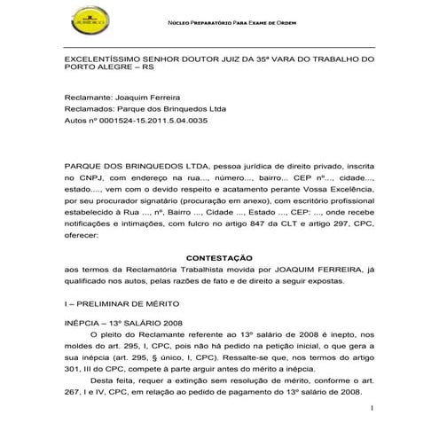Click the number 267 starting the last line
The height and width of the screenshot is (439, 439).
click(x=74, y=391)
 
